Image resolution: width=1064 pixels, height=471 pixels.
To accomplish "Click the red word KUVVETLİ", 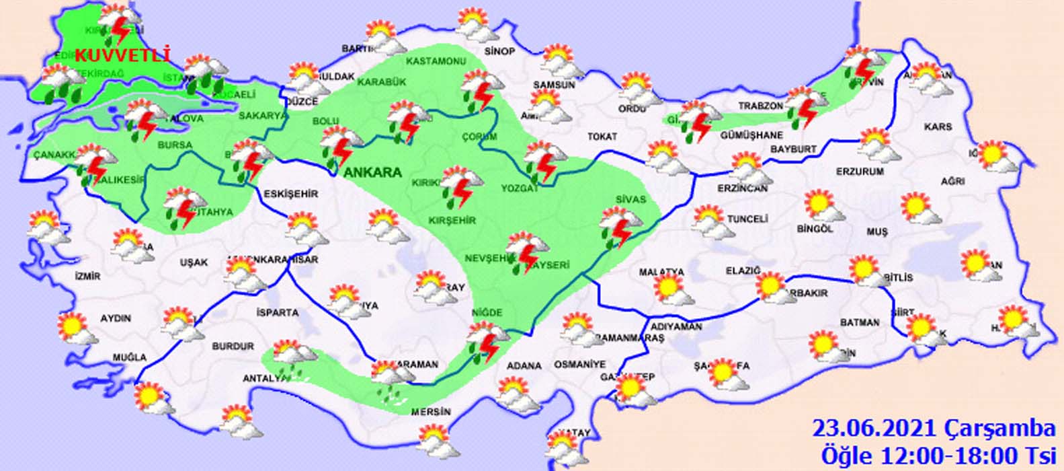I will point(122,55).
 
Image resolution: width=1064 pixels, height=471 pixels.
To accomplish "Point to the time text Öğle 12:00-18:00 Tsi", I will point(938,454).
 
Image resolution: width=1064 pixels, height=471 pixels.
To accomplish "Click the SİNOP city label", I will point(499,52).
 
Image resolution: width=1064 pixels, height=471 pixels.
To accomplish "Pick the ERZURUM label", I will point(860,172).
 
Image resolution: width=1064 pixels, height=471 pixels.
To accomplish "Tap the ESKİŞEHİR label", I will point(291,194).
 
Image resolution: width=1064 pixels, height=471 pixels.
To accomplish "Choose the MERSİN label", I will point(433,412).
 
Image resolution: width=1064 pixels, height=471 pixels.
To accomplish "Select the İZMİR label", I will point(88,277).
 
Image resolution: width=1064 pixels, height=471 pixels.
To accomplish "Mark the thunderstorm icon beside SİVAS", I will point(618,227).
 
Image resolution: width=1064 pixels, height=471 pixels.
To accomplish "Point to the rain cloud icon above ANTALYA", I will point(292,357).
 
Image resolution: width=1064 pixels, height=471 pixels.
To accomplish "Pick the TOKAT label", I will point(602,137).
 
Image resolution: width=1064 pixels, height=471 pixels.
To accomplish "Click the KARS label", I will point(938,126).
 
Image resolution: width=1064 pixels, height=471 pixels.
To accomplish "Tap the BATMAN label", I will point(860,323).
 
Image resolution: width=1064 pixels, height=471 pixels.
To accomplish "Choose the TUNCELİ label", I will point(747,219).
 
